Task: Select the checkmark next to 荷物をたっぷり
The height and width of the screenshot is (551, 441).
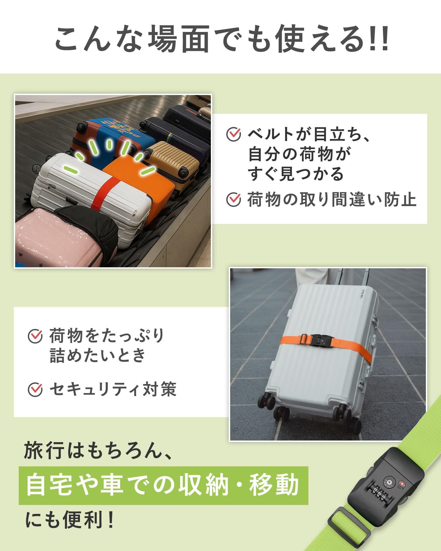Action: (36, 336)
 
